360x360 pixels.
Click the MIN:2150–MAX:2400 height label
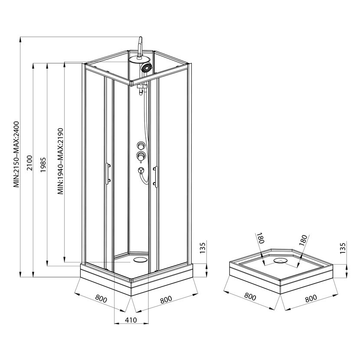click(x=16, y=154)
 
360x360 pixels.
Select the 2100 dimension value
click(x=30, y=163)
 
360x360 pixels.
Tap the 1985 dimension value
click(x=43, y=165)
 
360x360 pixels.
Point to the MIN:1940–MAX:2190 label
click(x=60, y=161)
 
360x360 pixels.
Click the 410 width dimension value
click(x=131, y=320)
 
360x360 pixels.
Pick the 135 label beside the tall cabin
click(x=203, y=248)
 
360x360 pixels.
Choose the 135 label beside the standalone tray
click(x=342, y=248)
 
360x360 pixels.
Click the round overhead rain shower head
click(x=139, y=59)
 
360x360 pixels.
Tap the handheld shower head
click(x=146, y=68)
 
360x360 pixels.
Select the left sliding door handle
click(x=107, y=173)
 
